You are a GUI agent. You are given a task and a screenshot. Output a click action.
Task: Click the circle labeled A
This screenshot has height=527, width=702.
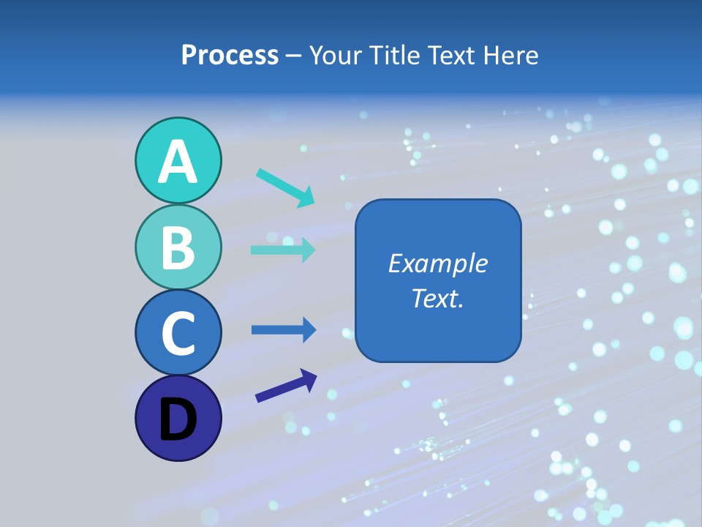(x=178, y=160)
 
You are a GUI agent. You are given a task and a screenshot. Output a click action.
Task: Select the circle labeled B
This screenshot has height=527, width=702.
(x=178, y=247)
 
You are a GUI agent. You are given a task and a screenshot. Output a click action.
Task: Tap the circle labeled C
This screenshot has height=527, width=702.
(x=178, y=332)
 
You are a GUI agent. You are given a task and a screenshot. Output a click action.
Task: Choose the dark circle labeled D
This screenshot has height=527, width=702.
(x=178, y=418)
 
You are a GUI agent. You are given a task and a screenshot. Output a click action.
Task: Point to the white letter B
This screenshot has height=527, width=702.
(x=178, y=247)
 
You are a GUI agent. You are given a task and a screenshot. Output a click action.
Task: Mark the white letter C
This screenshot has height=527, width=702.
(x=178, y=333)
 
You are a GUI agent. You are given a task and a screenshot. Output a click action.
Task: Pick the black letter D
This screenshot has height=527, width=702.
(x=178, y=419)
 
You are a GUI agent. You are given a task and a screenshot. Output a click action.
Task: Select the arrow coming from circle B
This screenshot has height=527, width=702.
(x=283, y=250)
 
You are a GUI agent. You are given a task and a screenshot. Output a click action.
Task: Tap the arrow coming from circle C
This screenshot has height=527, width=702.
(x=284, y=330)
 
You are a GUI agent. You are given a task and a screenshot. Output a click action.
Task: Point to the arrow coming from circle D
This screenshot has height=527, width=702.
(x=286, y=386)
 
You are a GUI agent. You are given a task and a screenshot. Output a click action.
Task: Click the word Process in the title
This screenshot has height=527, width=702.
(x=230, y=56)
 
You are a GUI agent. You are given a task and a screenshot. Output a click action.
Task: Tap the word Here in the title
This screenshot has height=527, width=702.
(x=512, y=56)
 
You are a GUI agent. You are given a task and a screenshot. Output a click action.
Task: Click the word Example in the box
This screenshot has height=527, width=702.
(x=438, y=263)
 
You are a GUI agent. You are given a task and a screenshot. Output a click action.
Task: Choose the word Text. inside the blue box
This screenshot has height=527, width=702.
(x=438, y=298)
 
